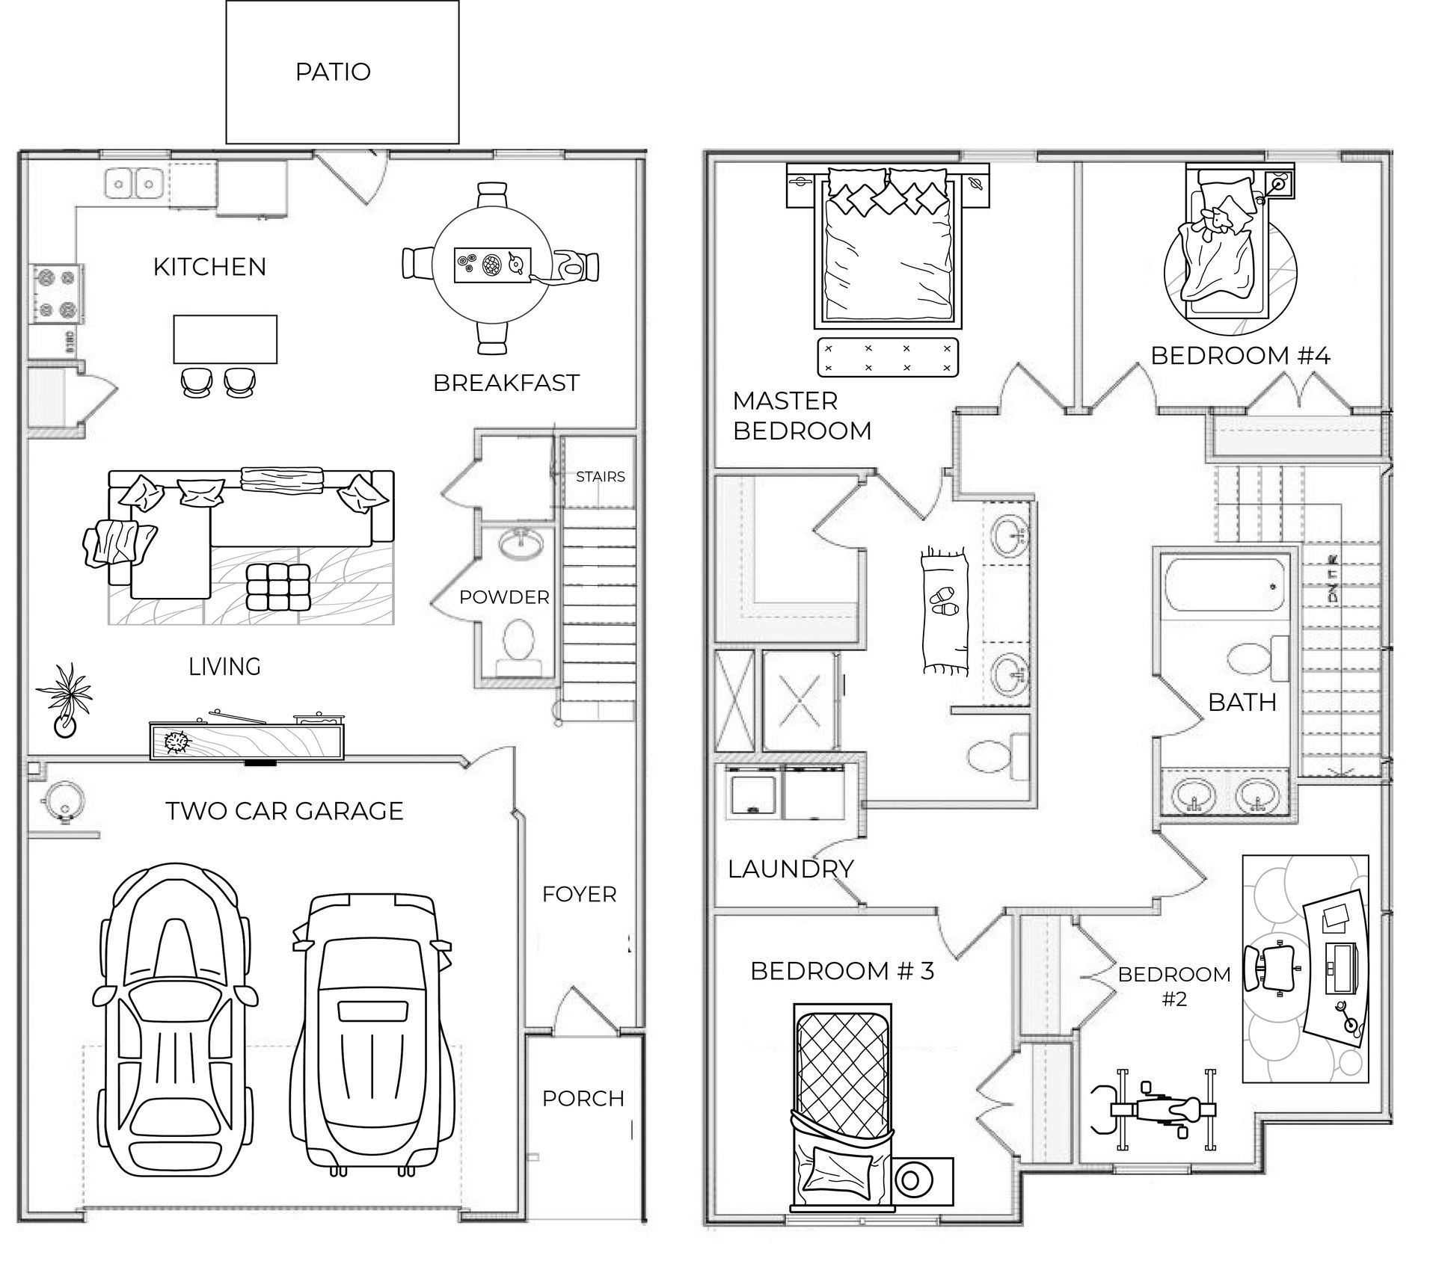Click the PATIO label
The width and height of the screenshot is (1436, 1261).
point(333,72)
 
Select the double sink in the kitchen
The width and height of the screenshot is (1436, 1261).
point(135,182)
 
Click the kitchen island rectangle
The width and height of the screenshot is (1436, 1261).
point(225,339)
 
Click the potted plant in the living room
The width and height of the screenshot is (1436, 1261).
point(67,699)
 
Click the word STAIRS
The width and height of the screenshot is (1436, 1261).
point(600,477)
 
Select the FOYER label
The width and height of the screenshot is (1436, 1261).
point(579,894)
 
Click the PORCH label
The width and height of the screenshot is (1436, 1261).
point(583,1098)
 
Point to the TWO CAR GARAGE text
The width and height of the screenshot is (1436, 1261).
point(284,811)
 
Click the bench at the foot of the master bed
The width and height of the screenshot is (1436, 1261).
point(887,357)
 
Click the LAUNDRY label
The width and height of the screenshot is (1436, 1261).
point(791,869)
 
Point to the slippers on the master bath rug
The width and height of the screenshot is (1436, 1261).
point(943,601)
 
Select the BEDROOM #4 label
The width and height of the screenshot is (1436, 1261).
point(1240,355)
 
